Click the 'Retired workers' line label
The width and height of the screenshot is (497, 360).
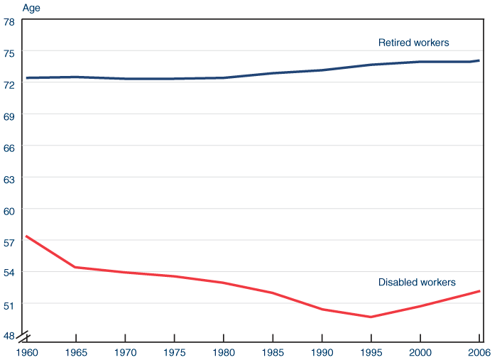tap(413, 43)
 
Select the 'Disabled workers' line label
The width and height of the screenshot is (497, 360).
tap(417, 282)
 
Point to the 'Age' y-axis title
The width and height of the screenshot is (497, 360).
tap(31, 9)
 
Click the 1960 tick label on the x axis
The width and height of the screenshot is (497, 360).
tap(26, 351)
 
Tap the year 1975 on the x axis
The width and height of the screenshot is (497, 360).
tap(174, 351)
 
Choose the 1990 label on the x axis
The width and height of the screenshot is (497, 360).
tap(322, 351)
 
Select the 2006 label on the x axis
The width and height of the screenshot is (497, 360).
tap(480, 351)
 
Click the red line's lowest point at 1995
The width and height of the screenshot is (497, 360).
tap(371, 317)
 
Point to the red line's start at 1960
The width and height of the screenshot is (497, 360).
tap(26, 236)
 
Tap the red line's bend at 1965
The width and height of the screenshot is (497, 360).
tap(75, 267)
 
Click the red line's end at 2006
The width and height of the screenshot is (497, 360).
tap(480, 291)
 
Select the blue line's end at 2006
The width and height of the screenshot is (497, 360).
tap(480, 60)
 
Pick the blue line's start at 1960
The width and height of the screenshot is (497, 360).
tap(26, 77)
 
